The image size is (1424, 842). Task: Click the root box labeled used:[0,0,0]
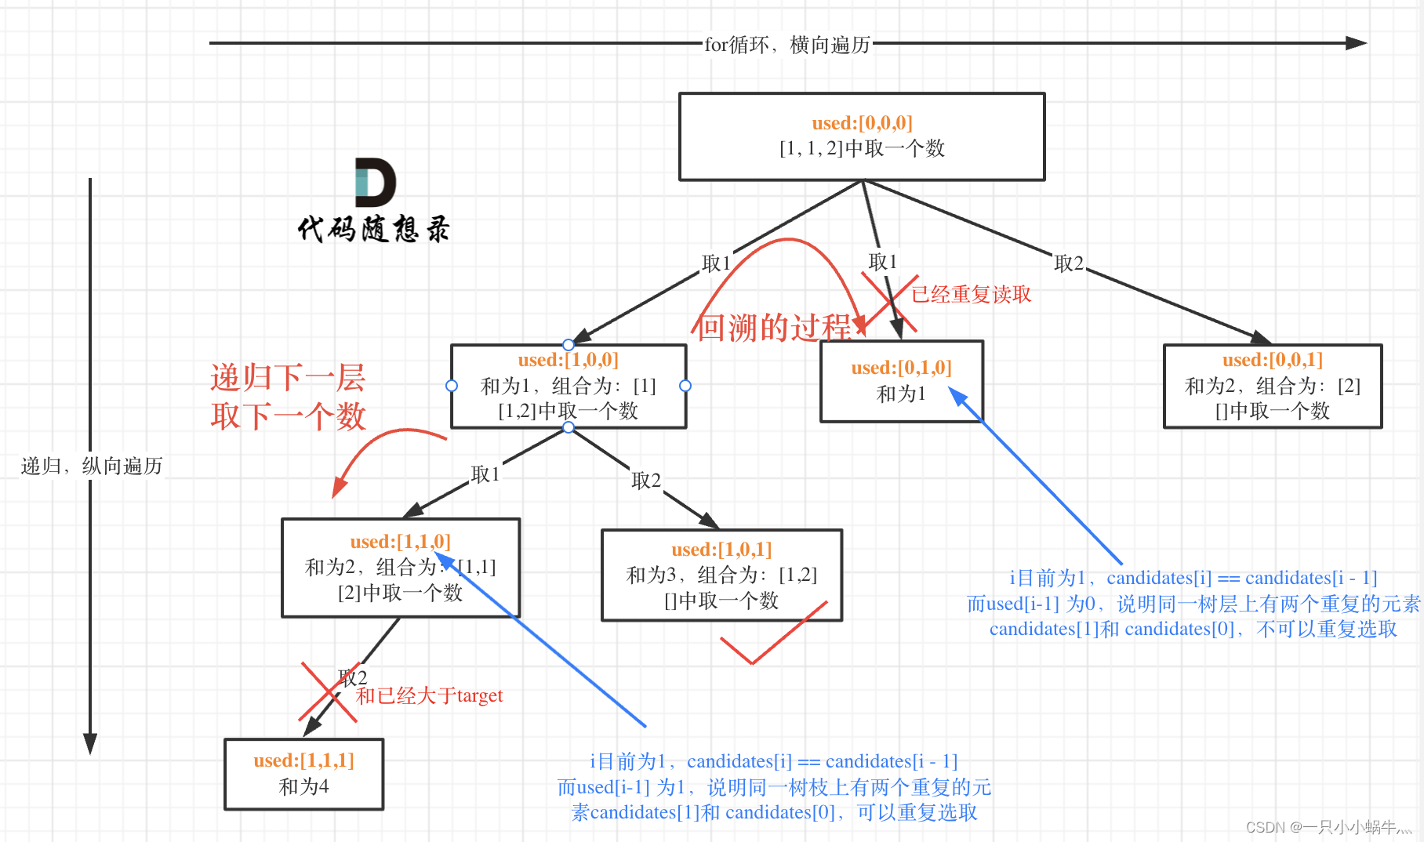[x=862, y=136]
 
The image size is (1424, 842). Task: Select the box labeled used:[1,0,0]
[x=569, y=386]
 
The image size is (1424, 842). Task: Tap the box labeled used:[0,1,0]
[x=901, y=381]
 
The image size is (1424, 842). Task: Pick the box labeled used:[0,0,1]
[x=1273, y=386]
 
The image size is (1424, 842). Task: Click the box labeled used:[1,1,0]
[x=400, y=568]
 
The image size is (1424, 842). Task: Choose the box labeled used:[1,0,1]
[x=721, y=575]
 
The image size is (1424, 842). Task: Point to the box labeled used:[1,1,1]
[x=303, y=774]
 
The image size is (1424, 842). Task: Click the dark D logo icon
[x=375, y=182]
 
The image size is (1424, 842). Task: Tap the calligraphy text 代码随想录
[x=373, y=229]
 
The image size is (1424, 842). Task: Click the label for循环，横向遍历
[x=787, y=45]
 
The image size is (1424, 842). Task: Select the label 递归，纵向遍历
[x=92, y=466]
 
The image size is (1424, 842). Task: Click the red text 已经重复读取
[x=971, y=294]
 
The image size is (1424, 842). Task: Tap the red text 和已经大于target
[x=429, y=695]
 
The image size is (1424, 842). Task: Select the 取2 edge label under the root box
[x=1068, y=263]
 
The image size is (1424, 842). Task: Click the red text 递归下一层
[x=288, y=378]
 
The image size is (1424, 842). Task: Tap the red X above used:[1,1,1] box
[x=328, y=691]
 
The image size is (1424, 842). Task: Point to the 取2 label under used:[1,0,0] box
[x=646, y=481]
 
